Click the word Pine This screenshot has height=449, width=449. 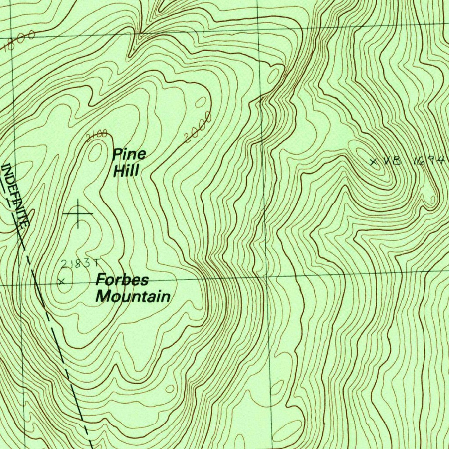tap(129, 154)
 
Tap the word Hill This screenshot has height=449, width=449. tap(126, 171)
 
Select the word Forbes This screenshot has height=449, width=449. tap(123, 280)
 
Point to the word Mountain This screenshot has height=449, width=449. tap(133, 296)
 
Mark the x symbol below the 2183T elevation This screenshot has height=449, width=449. tap(62, 282)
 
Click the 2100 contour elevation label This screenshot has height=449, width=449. tap(96, 135)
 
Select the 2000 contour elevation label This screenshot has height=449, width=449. tap(199, 127)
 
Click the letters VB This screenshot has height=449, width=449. tap(392, 161)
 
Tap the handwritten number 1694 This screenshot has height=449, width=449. tap(429, 160)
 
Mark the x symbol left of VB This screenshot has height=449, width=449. tap(374, 162)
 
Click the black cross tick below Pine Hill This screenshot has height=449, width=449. tap(78, 214)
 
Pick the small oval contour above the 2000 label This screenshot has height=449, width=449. tap(201, 102)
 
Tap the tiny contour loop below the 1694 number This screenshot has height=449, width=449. tap(433, 200)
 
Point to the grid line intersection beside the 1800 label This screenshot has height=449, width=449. tap(12, 36)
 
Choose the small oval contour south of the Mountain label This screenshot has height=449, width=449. tap(170, 388)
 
